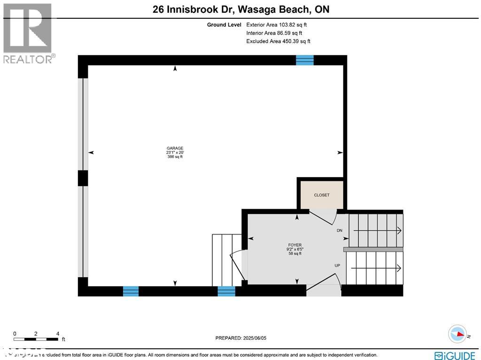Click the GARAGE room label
(175, 149)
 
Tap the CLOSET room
(322, 195)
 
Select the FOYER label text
(295, 245)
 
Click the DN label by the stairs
(340, 231)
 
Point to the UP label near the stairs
(337, 266)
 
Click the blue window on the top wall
(304, 60)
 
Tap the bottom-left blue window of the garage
(131, 291)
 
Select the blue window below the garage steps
(226, 291)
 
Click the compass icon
(457, 334)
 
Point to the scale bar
(36, 339)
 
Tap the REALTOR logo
(28, 33)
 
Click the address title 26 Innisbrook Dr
(240, 9)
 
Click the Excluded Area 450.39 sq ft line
(278, 41)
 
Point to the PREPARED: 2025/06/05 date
(240, 338)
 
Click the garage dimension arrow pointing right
(340, 153)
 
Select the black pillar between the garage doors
(83, 178)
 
